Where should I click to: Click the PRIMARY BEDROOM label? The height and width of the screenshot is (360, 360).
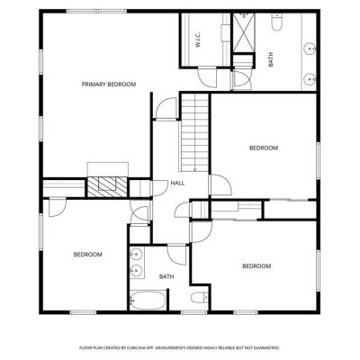coord(109,85)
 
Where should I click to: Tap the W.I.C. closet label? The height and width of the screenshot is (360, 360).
coord(198,40)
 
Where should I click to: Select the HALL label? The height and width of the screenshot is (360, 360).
coord(177,183)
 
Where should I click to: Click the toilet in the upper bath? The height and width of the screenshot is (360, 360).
coord(277,22)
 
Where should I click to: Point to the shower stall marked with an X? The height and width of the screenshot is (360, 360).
coord(244,32)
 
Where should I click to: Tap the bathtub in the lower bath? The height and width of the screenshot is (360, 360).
coord(148,301)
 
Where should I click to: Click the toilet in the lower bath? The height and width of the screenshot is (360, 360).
coord(200,297)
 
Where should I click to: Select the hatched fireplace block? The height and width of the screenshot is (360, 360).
coord(107,187)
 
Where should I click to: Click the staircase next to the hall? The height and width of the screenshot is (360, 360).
coord(194,132)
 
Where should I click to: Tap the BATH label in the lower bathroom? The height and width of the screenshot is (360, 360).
coord(166,276)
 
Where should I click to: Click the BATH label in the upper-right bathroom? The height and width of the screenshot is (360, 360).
coord(271,59)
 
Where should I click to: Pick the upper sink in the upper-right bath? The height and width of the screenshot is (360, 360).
coord(309,49)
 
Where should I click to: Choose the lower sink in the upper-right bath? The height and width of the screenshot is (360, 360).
coord(309,79)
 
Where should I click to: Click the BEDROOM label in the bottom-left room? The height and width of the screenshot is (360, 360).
coord(87,255)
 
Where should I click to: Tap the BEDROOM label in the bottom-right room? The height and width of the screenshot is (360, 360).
coord(256,266)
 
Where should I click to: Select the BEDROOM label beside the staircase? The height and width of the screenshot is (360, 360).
coord(264,148)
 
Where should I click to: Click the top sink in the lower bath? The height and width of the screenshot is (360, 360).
coord(136,255)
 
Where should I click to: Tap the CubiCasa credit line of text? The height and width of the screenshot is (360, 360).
coord(179,347)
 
